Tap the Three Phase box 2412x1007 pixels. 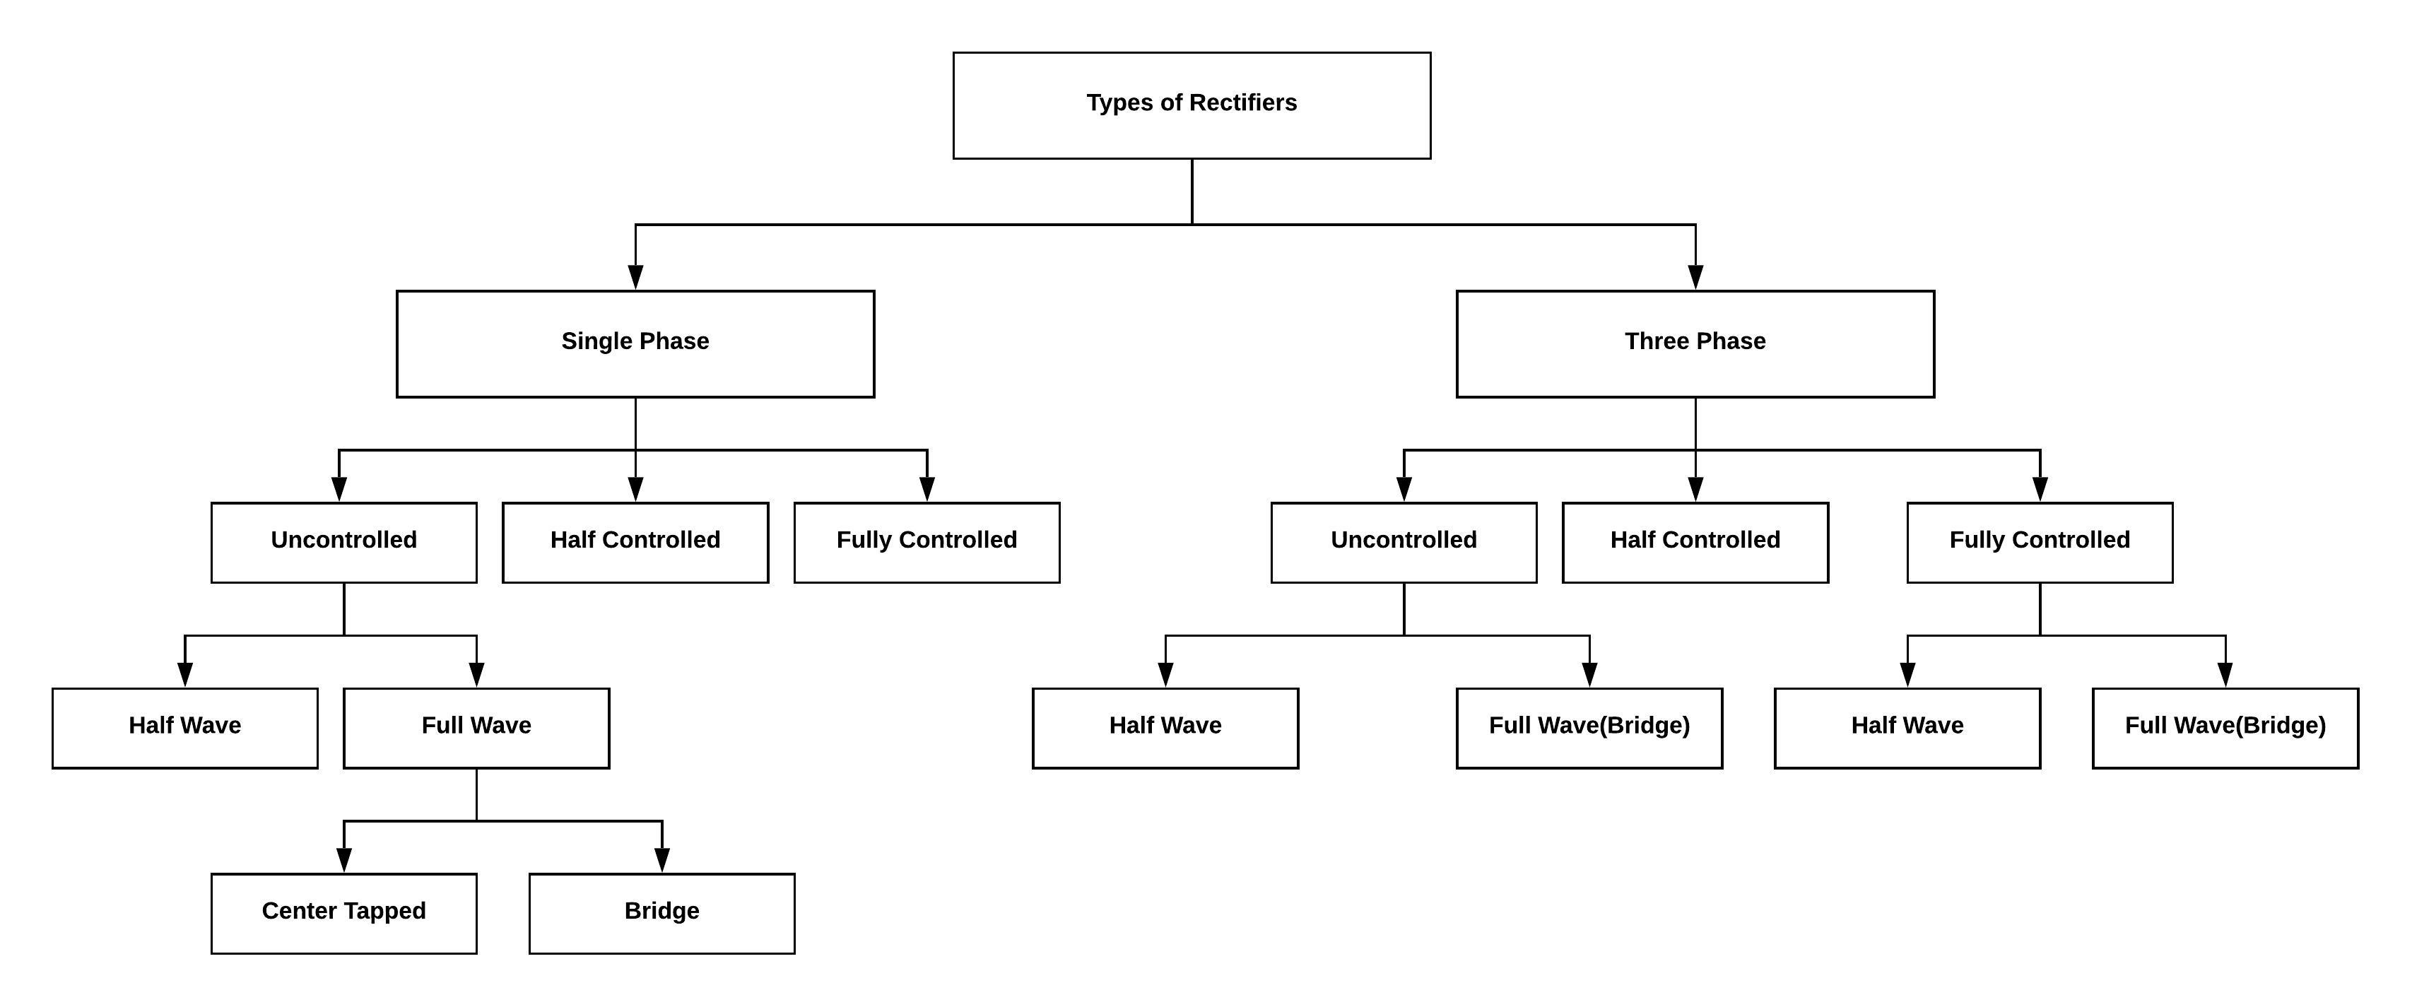point(1695,343)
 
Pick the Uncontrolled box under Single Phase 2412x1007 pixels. point(343,543)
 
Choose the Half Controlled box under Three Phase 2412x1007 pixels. point(1695,543)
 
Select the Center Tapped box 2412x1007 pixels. point(343,914)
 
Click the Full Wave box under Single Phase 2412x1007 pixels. point(476,728)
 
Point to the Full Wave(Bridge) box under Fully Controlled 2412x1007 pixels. point(2225,728)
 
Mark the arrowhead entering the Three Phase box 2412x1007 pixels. point(1695,277)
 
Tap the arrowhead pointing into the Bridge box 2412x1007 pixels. point(662,859)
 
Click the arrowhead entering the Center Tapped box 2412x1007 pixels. point(343,859)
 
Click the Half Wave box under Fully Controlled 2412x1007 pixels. point(1907,728)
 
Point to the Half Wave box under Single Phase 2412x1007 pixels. point(184,728)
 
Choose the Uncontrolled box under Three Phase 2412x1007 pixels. point(1404,543)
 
